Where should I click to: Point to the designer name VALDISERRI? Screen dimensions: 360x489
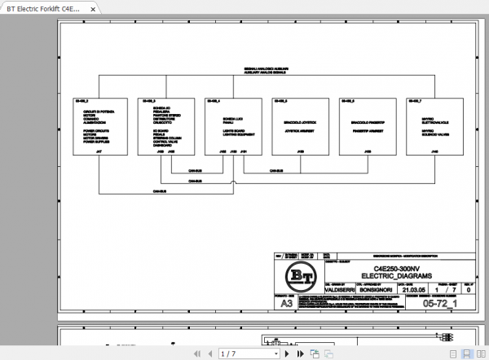pyautogui.click(x=339, y=289)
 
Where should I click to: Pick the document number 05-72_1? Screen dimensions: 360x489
pyautogui.click(x=441, y=304)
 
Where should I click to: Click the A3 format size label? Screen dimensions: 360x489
pyautogui.click(x=285, y=304)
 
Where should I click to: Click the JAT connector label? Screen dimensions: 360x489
pyautogui.click(x=99, y=151)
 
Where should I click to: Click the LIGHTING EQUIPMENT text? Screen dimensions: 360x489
pyautogui.click(x=233, y=133)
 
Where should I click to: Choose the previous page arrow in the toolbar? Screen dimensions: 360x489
pyautogui.click(x=207, y=353)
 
